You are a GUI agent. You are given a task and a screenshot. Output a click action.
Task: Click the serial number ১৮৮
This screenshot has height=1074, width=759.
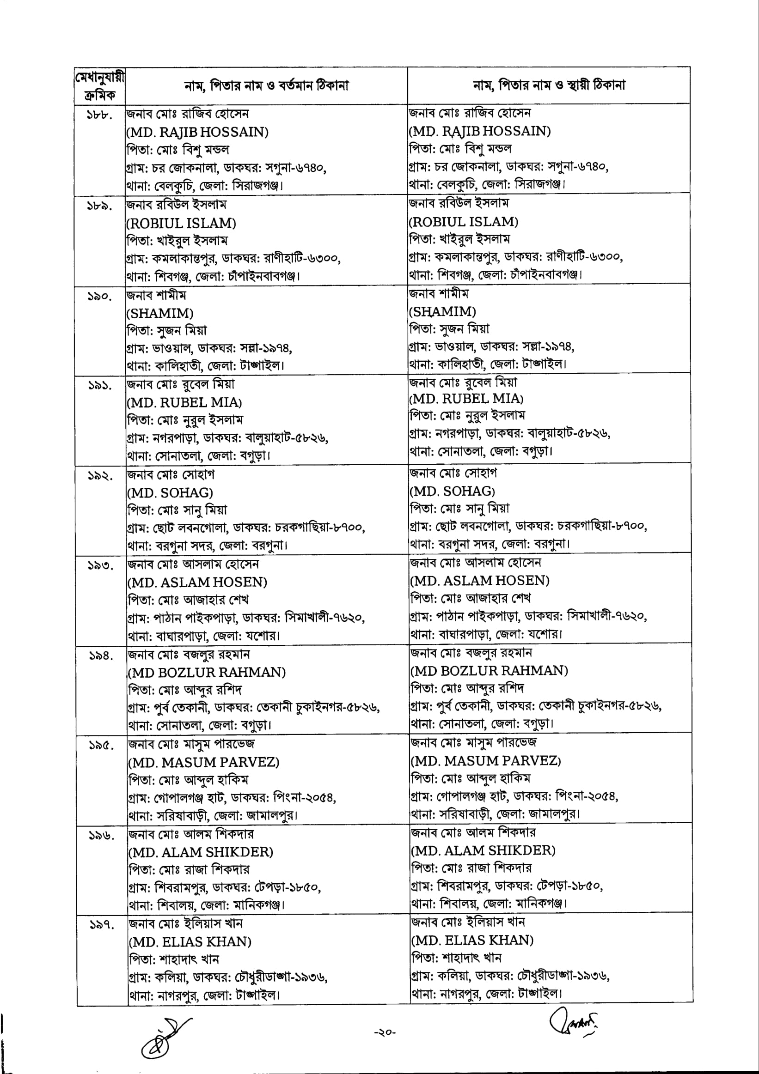99,115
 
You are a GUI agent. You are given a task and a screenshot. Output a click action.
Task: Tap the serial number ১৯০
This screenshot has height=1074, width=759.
99,297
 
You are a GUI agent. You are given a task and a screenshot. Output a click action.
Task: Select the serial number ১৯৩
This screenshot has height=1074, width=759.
100,566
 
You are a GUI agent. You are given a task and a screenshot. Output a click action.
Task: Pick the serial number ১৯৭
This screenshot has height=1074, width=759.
102,925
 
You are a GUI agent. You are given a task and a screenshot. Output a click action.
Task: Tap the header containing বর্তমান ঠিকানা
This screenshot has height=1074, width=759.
266,85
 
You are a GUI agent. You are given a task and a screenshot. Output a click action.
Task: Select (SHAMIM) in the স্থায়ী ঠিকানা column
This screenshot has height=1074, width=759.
443,311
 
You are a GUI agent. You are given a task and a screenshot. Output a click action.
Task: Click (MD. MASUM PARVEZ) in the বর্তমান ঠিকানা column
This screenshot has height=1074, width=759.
203,762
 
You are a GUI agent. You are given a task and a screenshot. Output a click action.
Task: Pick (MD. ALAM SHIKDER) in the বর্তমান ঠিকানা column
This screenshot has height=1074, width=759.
201,852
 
